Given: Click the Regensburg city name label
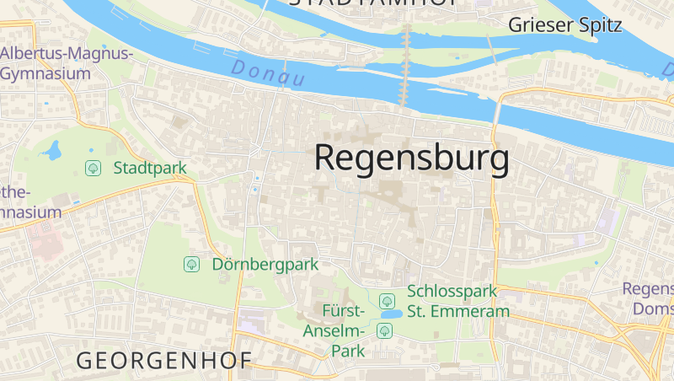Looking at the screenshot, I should tap(412, 158).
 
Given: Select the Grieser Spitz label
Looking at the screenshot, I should tap(564, 24).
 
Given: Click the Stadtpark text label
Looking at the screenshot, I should tap(149, 168).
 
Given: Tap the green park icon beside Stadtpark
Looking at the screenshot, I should tap(93, 169).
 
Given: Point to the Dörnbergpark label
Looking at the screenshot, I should tap(265, 264).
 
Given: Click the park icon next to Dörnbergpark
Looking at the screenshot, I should tap(191, 265).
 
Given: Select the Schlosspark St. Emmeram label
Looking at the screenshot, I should tap(458, 301).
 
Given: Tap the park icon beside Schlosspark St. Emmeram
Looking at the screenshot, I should tap(387, 301).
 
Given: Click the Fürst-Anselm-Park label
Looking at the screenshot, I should tap(334, 330).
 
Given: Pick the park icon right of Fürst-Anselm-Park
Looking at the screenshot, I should tap(385, 330).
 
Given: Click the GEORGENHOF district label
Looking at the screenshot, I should tap(164, 361).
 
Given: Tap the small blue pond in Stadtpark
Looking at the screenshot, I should tap(53, 152).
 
